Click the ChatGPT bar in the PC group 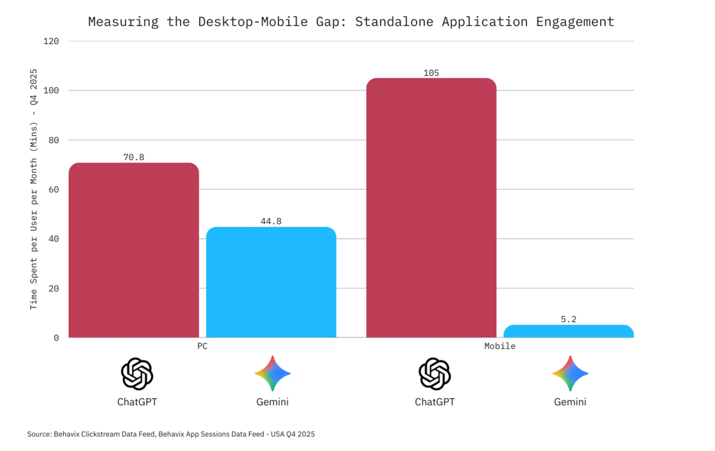tap(134, 251)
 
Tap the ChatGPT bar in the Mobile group tap(431, 208)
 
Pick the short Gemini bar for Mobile tap(568, 332)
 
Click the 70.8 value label tap(134, 157)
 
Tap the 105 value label tap(431, 73)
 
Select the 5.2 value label tap(568, 319)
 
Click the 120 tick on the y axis tap(51, 41)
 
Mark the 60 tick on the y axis tap(53, 189)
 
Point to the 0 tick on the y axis tap(56, 338)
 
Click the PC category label tap(202, 346)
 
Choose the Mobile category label tap(500, 346)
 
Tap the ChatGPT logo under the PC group tap(137, 373)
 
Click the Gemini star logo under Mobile tap(570, 373)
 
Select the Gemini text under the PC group tap(272, 402)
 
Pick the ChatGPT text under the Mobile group tap(434, 402)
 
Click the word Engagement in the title tap(575, 22)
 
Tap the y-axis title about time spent tap(34, 189)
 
